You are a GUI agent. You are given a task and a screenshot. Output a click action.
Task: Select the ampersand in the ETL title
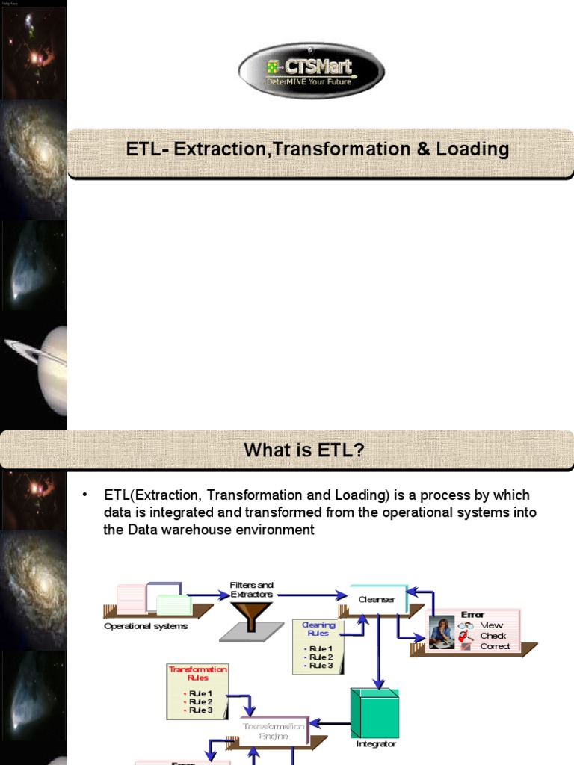click(422, 149)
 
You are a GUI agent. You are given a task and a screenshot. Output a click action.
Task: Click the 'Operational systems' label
click(146, 626)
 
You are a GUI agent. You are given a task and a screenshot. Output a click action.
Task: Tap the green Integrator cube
click(374, 713)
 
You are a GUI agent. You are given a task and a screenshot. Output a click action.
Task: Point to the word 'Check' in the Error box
click(493, 636)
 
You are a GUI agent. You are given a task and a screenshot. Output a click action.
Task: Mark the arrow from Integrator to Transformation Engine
click(329, 723)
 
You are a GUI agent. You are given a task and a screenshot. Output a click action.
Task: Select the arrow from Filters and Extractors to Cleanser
click(306, 595)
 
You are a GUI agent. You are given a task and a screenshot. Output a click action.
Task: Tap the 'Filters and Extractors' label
click(252, 589)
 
